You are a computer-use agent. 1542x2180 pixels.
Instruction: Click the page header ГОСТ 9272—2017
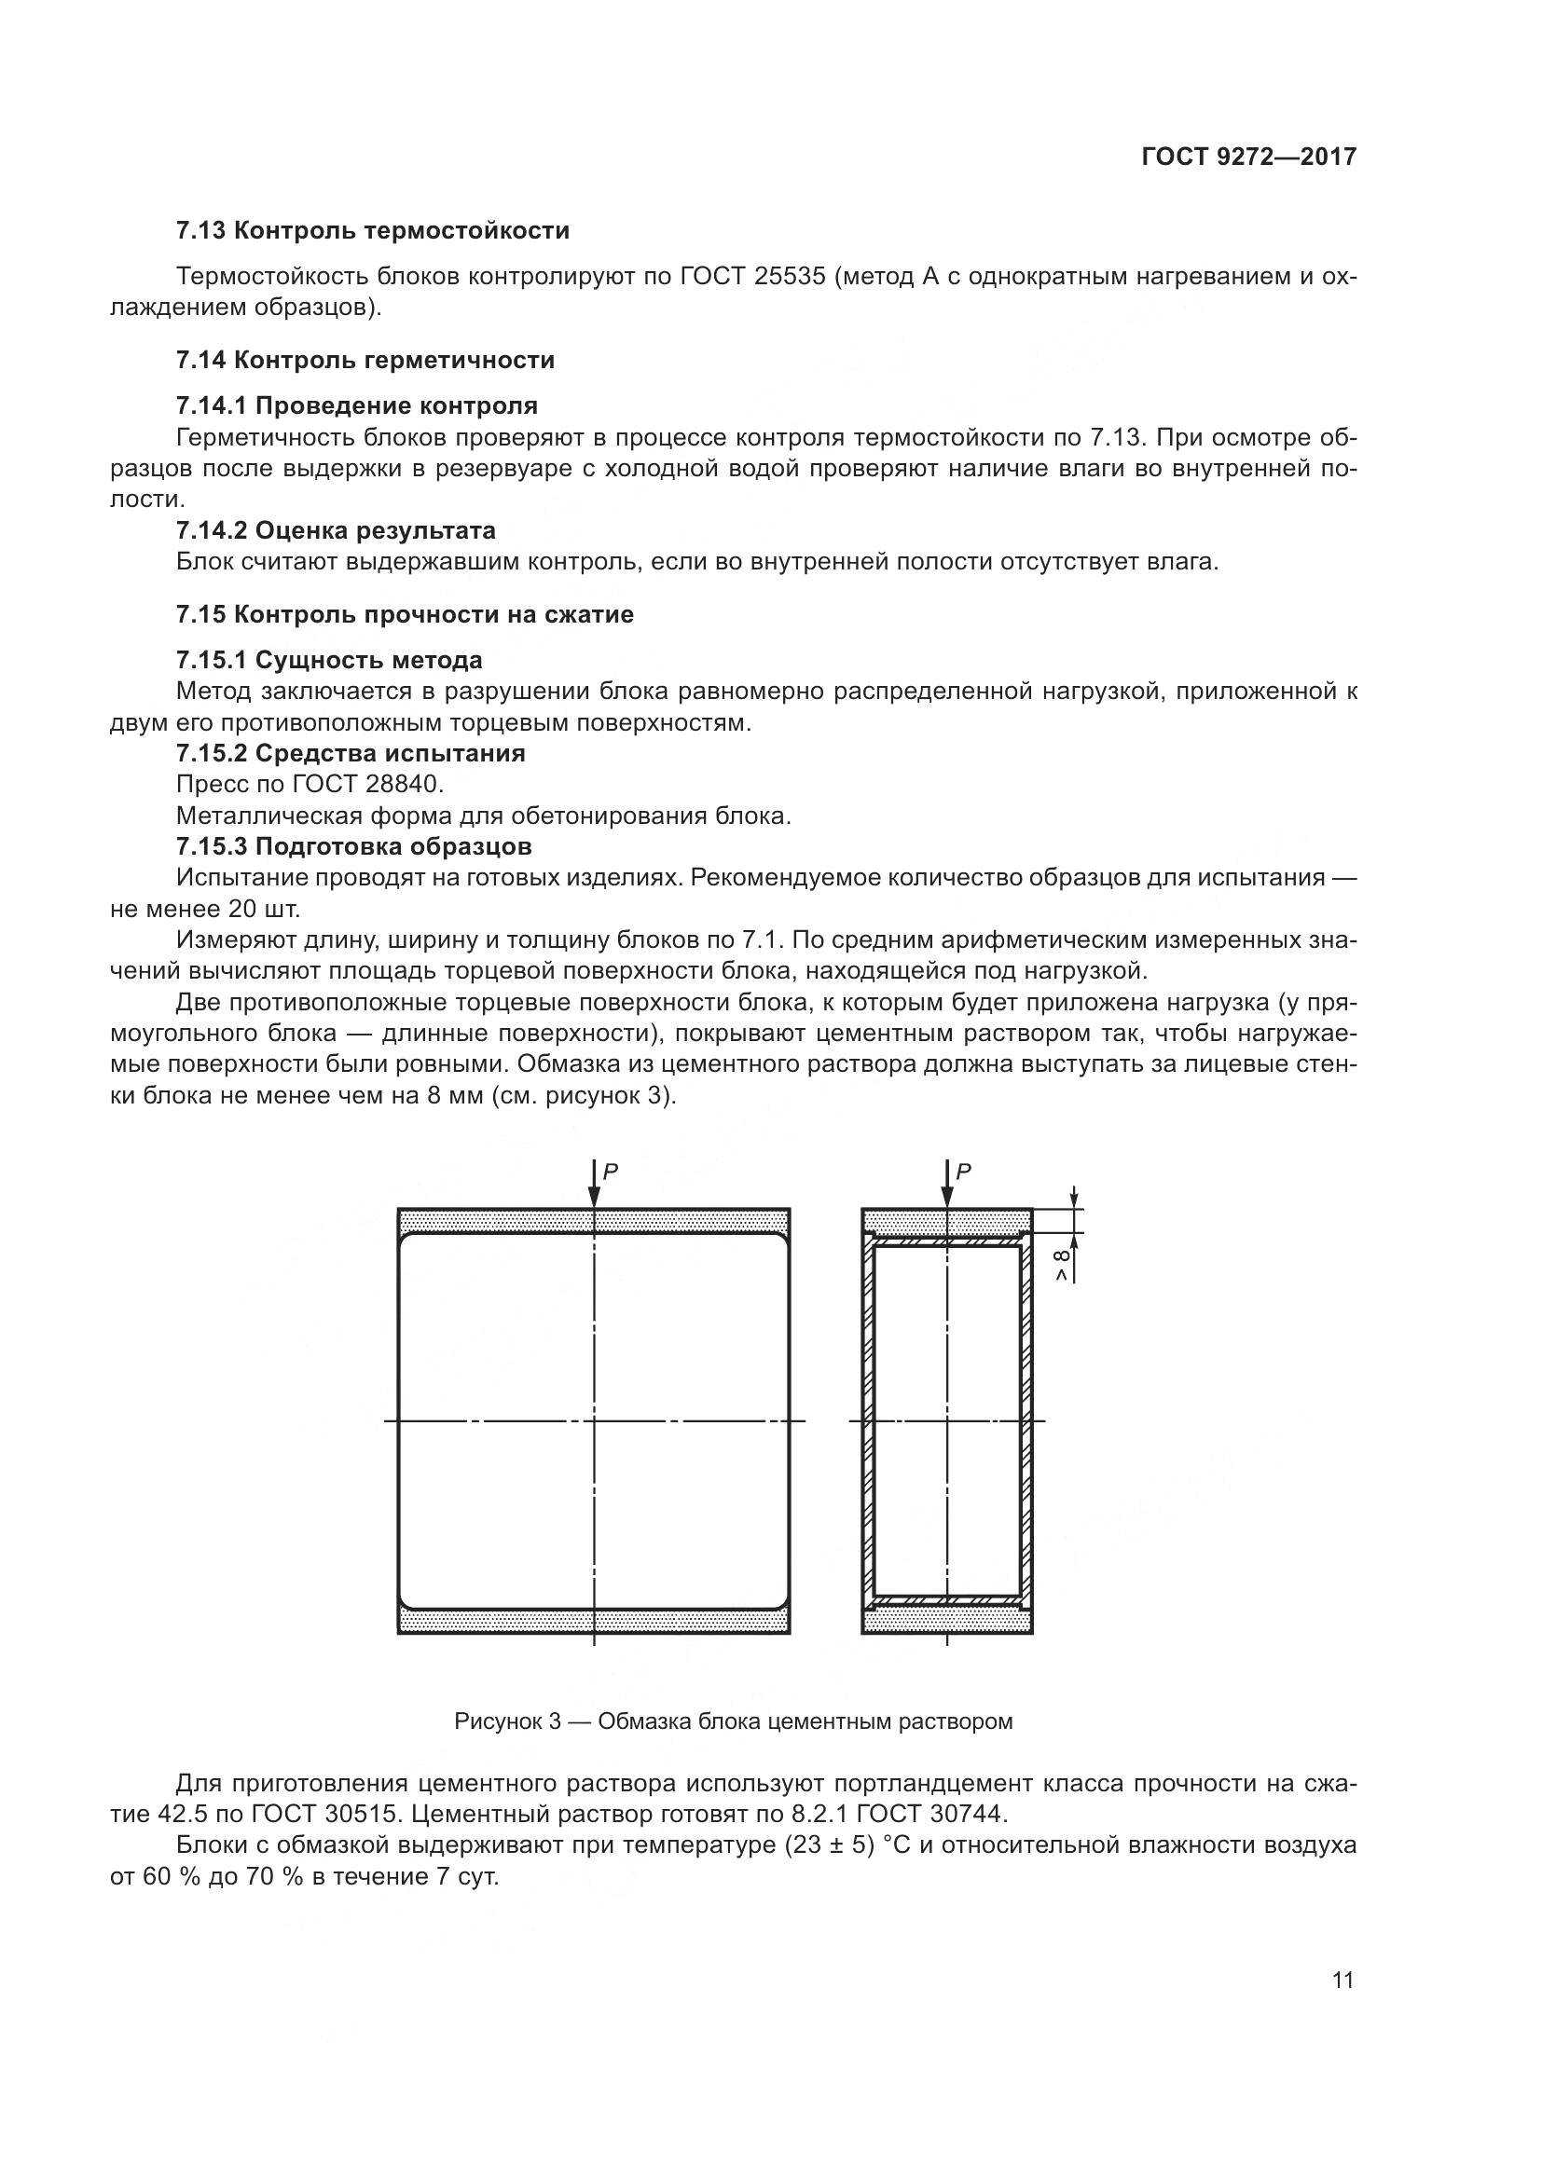coord(1248,157)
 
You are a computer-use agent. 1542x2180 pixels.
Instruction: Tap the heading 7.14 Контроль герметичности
coord(365,360)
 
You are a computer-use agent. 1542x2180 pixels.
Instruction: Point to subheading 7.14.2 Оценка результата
coord(336,529)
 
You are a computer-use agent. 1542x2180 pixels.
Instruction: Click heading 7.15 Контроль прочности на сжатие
coord(405,614)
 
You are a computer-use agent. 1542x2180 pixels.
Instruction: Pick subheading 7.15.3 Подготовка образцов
coord(353,846)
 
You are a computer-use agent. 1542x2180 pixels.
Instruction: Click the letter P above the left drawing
coord(611,1172)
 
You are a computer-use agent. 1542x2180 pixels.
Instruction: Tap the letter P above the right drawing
coord(963,1172)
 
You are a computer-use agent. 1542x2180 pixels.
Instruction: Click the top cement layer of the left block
coord(494,1221)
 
